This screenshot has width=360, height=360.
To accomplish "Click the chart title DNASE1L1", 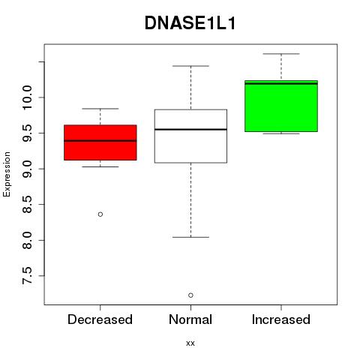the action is pyautogui.click(x=190, y=23).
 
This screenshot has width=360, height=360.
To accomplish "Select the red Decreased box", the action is pyautogui.click(x=100, y=142).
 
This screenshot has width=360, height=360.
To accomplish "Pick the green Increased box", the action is pyautogui.click(x=281, y=106).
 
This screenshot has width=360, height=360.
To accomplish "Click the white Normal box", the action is pyautogui.click(x=190, y=136).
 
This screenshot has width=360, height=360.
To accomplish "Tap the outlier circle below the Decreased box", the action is pyautogui.click(x=100, y=214).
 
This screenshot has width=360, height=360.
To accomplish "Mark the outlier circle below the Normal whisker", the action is pyautogui.click(x=190, y=295).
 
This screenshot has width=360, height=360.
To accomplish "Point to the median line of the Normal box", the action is pyautogui.click(x=190, y=129).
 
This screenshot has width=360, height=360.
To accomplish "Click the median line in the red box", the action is pyautogui.click(x=100, y=141).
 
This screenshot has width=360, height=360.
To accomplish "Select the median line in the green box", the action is pyautogui.click(x=281, y=83).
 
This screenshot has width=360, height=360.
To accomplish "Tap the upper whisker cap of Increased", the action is pyautogui.click(x=281, y=54).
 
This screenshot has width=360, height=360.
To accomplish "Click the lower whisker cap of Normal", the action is pyautogui.click(x=190, y=237).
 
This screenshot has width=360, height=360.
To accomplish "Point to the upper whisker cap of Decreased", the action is pyautogui.click(x=100, y=109).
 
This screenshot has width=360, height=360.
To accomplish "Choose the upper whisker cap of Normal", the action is pyautogui.click(x=190, y=66).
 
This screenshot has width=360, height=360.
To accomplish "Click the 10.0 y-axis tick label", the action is pyautogui.click(x=27, y=97).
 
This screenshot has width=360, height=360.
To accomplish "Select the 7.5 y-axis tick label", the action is pyautogui.click(x=27, y=276).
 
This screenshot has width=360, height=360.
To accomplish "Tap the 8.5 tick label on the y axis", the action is pyautogui.click(x=27, y=205).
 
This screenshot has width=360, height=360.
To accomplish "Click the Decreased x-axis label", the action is pyautogui.click(x=100, y=319).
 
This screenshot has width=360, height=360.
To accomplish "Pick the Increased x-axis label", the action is pyautogui.click(x=281, y=319).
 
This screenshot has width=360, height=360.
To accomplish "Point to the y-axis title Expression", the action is pyautogui.click(x=7, y=174).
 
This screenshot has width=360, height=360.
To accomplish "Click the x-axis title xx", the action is pyautogui.click(x=190, y=343).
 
